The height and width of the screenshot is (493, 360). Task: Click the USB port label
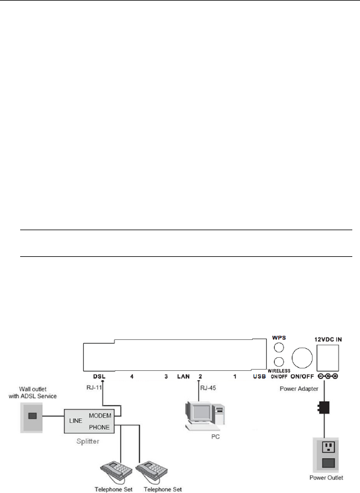pos(259,376)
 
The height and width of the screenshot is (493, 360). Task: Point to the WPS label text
pos(279,337)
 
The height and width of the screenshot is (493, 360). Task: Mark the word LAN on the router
pos(183,376)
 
